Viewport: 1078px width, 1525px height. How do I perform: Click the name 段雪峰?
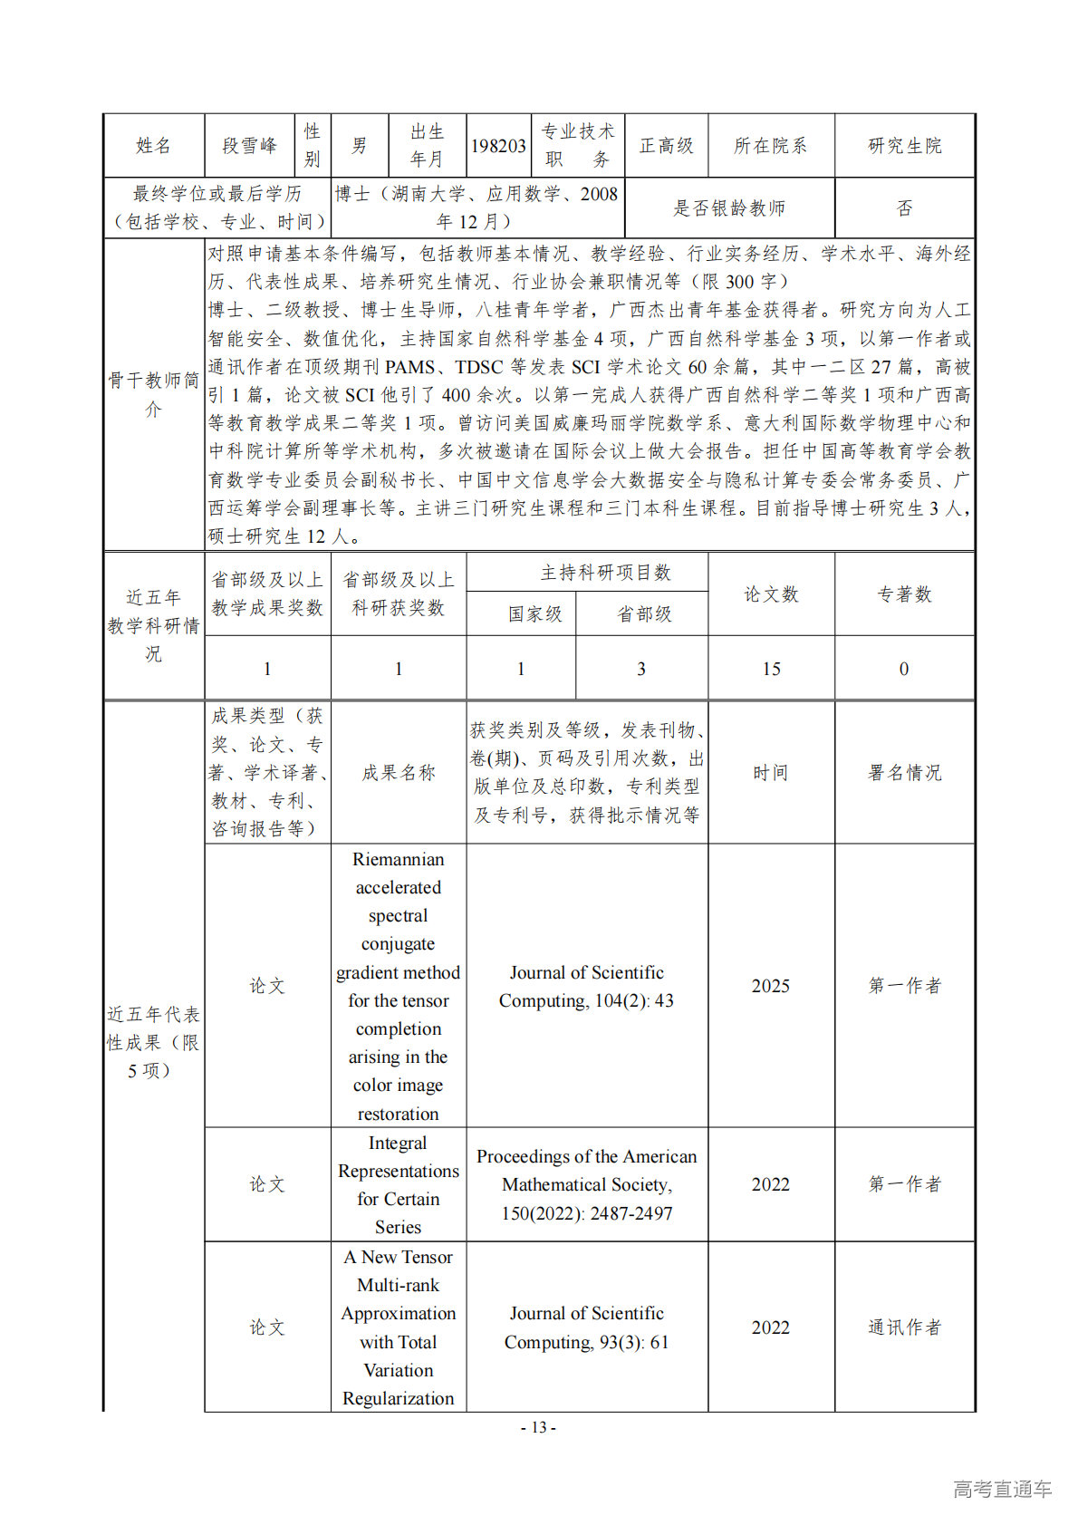[249, 146]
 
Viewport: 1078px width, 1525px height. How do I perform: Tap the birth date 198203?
[498, 146]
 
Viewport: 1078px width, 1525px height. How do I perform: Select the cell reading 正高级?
[666, 146]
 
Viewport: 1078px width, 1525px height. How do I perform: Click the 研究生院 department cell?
[904, 146]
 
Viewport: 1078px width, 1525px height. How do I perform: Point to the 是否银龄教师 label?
[728, 208]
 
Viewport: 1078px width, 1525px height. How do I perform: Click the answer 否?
[904, 208]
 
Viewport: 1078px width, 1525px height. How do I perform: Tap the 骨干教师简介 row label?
[153, 394]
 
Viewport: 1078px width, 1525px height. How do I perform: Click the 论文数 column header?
[771, 594]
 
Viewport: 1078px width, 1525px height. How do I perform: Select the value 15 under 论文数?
[771, 669]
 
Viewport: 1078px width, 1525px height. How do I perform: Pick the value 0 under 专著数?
[904, 669]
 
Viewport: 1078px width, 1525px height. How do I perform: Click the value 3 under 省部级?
[641, 669]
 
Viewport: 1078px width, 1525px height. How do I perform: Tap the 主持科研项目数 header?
[605, 573]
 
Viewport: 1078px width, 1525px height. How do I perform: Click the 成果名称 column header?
[399, 773]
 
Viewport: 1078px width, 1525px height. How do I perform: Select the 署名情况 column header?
[904, 773]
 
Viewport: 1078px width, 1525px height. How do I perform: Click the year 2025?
[771, 986]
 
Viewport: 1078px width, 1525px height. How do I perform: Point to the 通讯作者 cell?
[904, 1327]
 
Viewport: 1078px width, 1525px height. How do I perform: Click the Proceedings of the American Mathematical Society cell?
[587, 1184]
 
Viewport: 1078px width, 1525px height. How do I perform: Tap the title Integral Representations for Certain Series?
[399, 1184]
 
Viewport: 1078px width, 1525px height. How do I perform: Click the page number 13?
[538, 1427]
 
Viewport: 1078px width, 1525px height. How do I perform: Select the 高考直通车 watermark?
[1002, 1489]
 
